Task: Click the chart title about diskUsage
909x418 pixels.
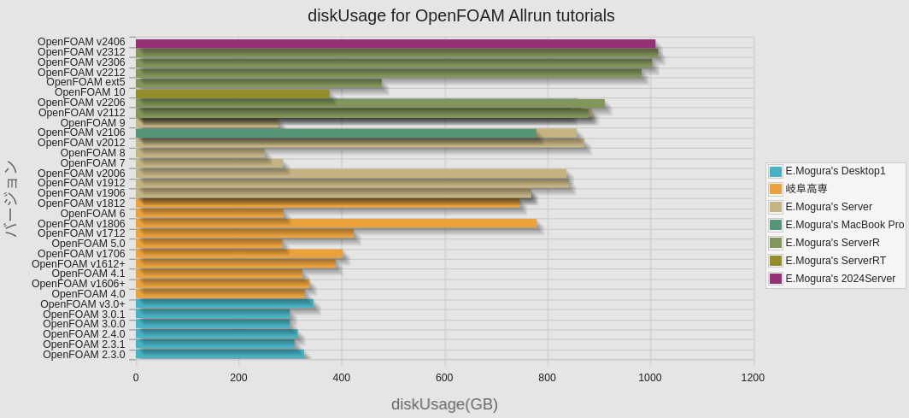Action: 460,16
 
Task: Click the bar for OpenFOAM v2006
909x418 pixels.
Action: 351,174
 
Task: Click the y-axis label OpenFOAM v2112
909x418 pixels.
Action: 82,113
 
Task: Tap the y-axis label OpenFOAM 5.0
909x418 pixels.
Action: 89,244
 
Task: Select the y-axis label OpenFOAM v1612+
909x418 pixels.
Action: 79,263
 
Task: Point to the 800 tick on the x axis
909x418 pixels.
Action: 547,378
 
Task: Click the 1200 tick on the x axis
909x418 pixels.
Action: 753,378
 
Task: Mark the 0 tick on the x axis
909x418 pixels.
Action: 136,378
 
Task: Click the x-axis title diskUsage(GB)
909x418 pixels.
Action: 444,404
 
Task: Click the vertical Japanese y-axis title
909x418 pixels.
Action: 11,198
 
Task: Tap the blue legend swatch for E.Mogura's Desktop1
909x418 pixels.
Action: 776,171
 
